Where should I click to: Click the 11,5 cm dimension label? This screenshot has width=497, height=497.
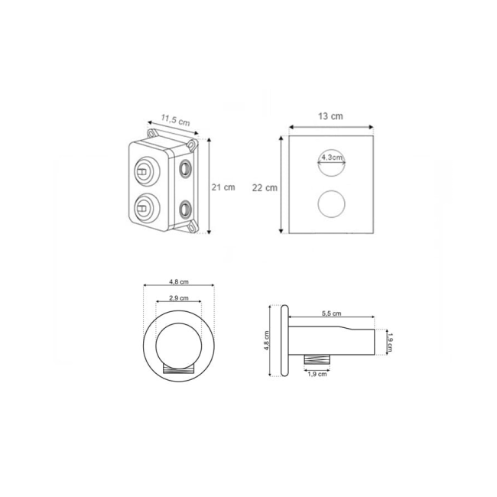click(x=175, y=120)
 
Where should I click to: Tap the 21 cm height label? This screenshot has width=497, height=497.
click(x=223, y=187)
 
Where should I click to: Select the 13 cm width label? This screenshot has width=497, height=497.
click(x=330, y=116)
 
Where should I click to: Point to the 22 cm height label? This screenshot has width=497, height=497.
click(x=265, y=188)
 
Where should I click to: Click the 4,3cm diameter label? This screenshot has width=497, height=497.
click(x=332, y=158)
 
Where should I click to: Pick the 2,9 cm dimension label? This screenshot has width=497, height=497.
click(x=179, y=298)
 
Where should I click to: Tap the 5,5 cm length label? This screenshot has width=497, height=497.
click(x=332, y=313)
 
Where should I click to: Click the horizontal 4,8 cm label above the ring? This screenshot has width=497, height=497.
click(x=179, y=282)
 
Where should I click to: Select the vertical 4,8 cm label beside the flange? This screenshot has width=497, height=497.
click(x=266, y=341)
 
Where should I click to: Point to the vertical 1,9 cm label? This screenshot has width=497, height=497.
click(x=390, y=342)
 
